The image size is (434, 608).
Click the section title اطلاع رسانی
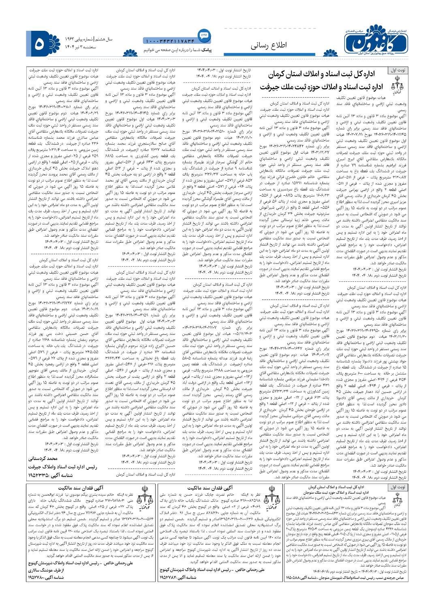click(269, 45)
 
